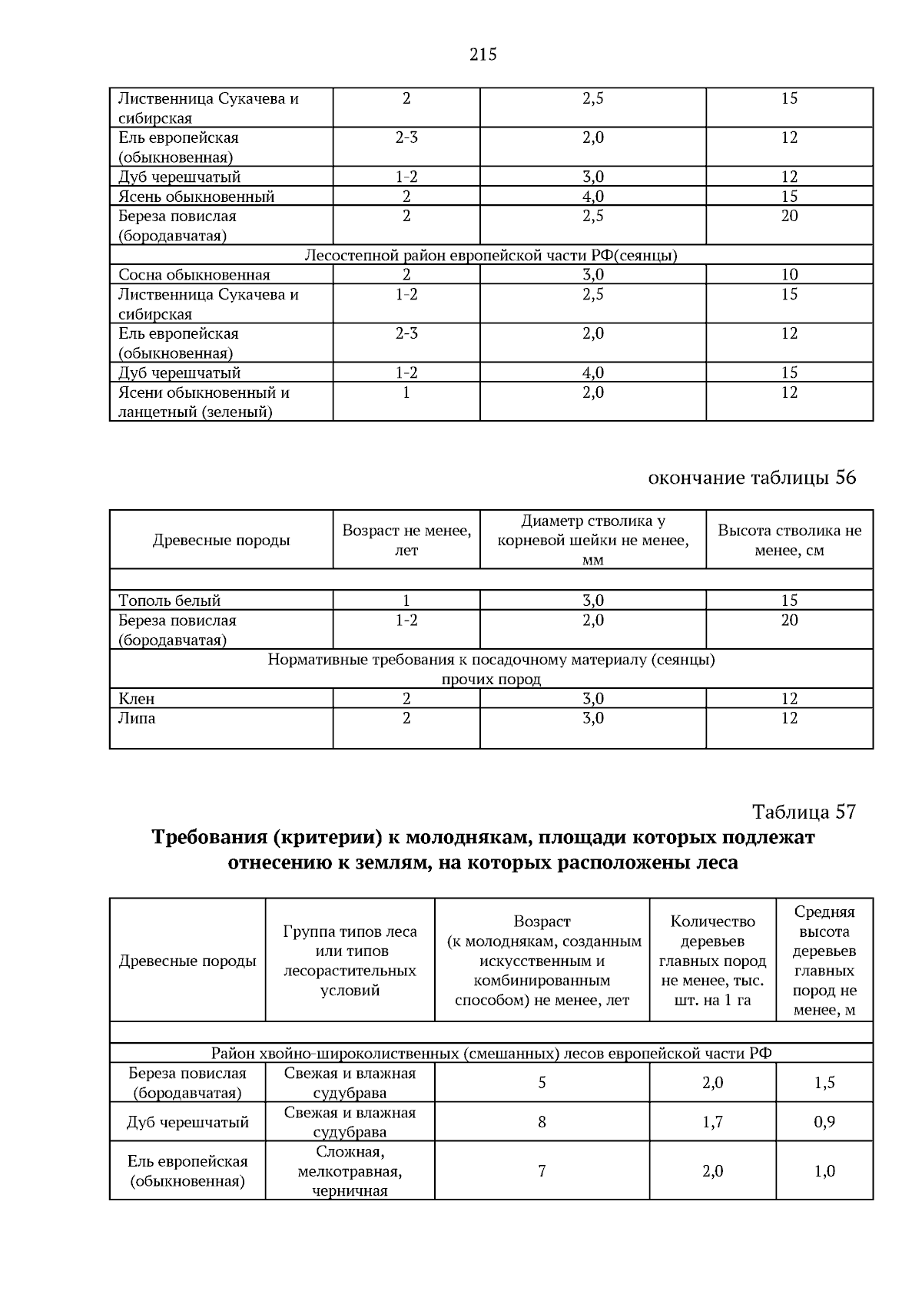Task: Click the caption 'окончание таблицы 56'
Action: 751,478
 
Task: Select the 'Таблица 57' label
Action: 804,812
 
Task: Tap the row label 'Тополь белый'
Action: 169,601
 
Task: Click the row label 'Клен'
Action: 137,699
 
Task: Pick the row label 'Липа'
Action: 137,719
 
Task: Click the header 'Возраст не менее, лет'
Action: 406,540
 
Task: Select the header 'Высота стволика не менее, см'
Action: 789,540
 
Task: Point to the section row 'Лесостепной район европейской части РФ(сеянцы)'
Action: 491,255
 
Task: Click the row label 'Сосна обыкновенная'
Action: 194,275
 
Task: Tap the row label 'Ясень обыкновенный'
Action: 197,197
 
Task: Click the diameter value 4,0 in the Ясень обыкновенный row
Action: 592,197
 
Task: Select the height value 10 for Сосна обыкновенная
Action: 789,275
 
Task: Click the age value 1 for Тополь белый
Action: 406,601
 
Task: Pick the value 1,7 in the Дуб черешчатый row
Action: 712,1122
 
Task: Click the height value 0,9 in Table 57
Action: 824,1122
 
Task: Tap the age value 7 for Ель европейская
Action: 542,1171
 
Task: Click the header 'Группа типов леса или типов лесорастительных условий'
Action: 350,961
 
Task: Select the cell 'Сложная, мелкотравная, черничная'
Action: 350,1172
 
